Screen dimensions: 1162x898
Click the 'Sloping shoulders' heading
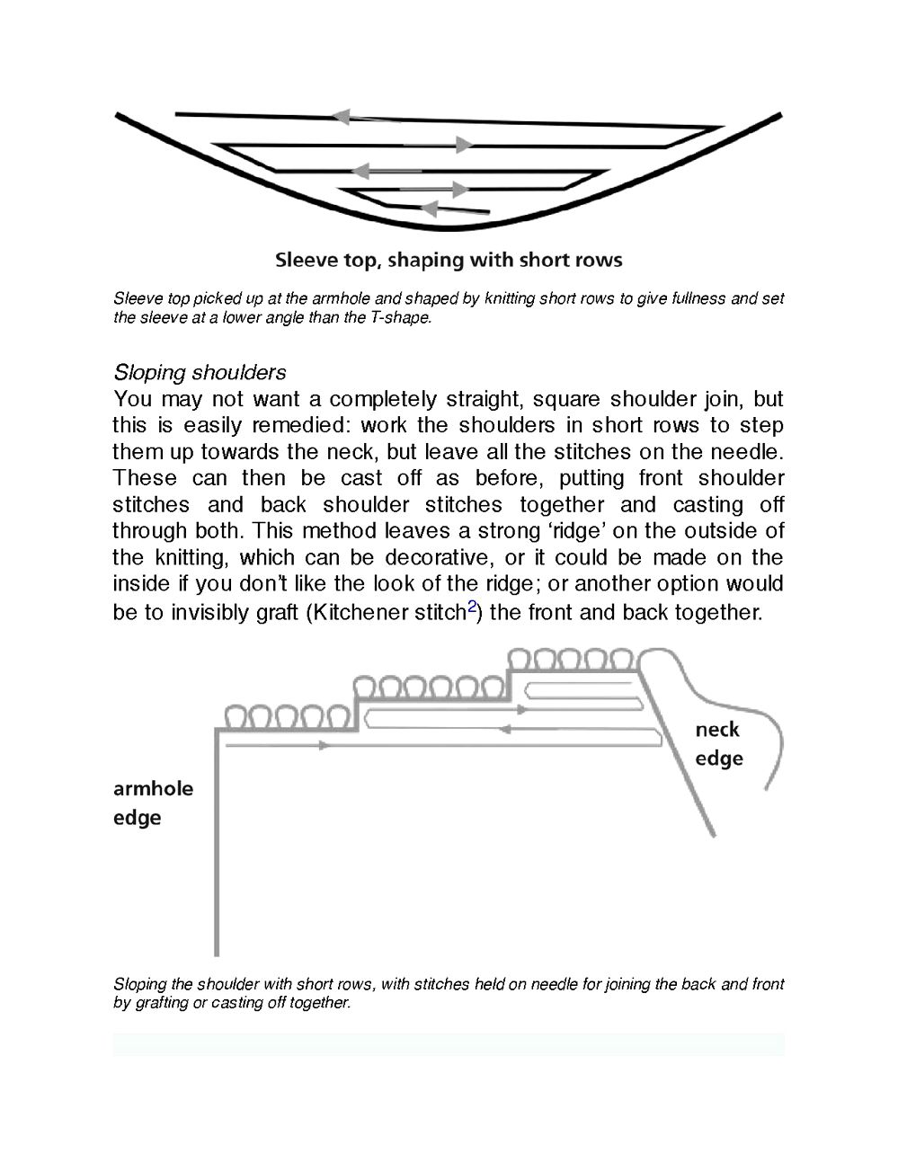point(200,372)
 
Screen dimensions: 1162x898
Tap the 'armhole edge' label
point(153,803)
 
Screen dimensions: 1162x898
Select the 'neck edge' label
point(718,743)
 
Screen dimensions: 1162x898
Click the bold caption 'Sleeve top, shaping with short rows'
point(448,261)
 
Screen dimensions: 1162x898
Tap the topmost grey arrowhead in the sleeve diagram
point(341,116)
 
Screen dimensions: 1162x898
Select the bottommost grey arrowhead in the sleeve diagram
point(429,208)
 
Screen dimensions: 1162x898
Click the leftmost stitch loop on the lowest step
point(236,717)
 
